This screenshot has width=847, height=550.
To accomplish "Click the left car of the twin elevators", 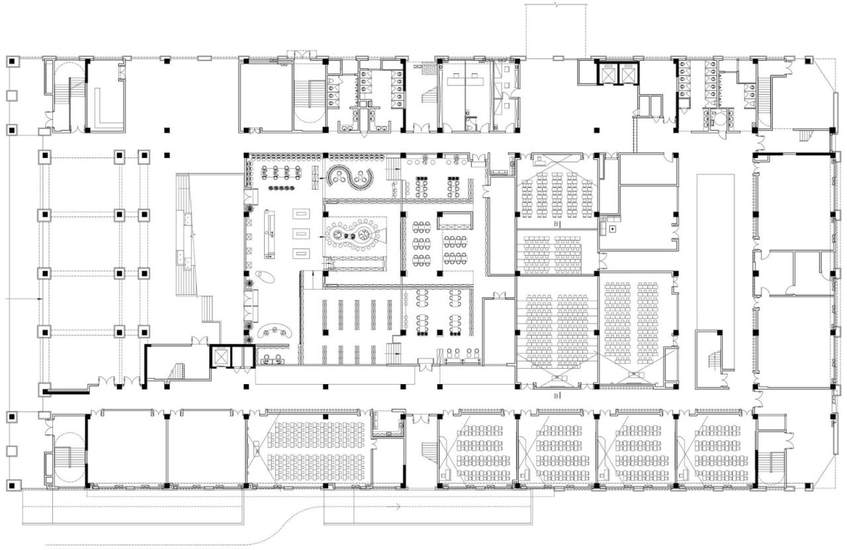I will [607, 74].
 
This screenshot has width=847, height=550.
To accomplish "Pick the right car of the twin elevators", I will [625, 74].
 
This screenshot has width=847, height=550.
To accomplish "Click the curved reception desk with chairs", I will [274, 331].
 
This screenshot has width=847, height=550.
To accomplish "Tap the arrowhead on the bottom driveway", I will [398, 507].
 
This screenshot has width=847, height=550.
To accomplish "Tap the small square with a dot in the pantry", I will [613, 228].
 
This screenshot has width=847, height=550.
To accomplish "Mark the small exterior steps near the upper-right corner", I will [805, 136].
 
